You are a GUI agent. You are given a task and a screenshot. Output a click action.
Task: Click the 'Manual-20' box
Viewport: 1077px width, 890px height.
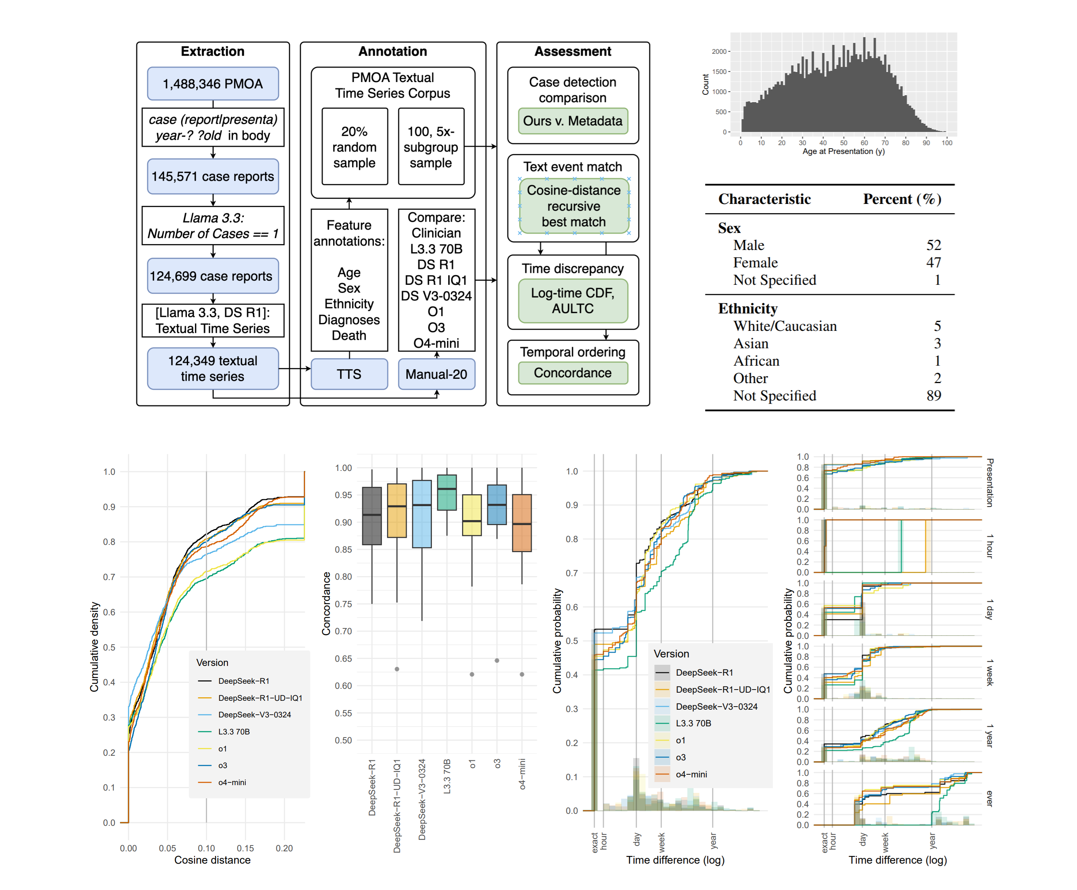point(436,374)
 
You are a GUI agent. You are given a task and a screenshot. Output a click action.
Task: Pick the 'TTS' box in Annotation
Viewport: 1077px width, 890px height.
point(349,374)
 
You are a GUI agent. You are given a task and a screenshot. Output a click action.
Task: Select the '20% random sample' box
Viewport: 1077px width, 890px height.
point(354,147)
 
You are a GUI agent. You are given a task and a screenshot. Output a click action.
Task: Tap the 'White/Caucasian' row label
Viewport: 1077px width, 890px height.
point(784,326)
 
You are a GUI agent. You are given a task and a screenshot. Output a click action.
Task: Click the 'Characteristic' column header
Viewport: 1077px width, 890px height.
point(764,199)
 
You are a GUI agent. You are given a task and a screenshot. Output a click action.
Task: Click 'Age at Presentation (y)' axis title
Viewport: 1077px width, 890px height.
point(843,151)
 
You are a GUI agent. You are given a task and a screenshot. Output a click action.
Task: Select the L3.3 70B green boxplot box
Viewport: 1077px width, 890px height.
point(447,492)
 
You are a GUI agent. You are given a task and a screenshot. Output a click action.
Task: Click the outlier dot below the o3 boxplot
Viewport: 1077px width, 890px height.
point(496,660)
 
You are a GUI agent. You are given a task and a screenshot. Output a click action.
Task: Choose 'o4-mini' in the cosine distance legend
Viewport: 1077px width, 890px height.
point(232,782)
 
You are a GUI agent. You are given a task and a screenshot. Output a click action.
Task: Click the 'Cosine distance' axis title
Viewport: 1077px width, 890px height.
point(212,860)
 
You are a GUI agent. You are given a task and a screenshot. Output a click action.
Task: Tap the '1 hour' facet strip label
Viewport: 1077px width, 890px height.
point(989,546)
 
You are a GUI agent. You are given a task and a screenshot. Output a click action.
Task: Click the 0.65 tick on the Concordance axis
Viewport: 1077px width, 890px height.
point(343,658)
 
